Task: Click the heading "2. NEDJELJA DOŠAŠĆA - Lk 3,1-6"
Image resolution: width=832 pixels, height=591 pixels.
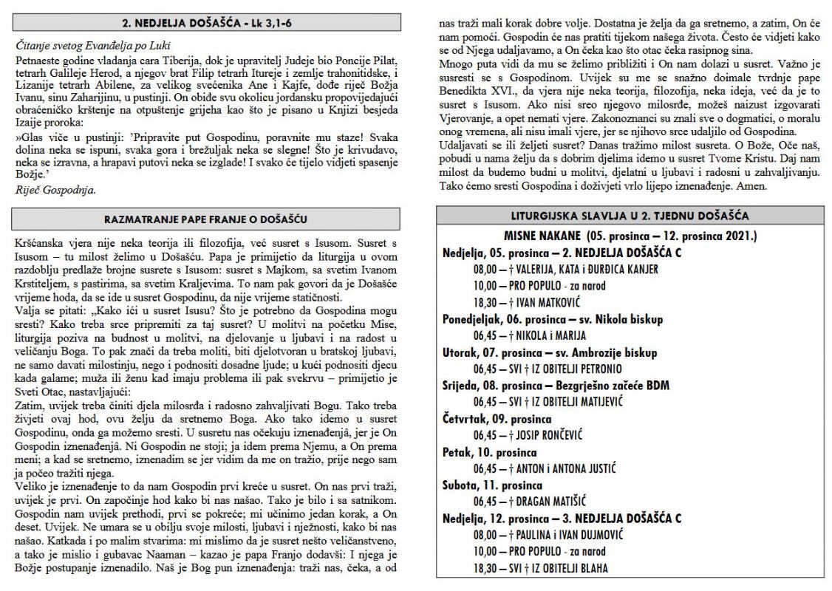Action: (x=206, y=22)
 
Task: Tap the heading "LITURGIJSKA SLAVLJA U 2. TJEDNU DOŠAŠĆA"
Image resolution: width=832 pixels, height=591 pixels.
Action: (x=630, y=217)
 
